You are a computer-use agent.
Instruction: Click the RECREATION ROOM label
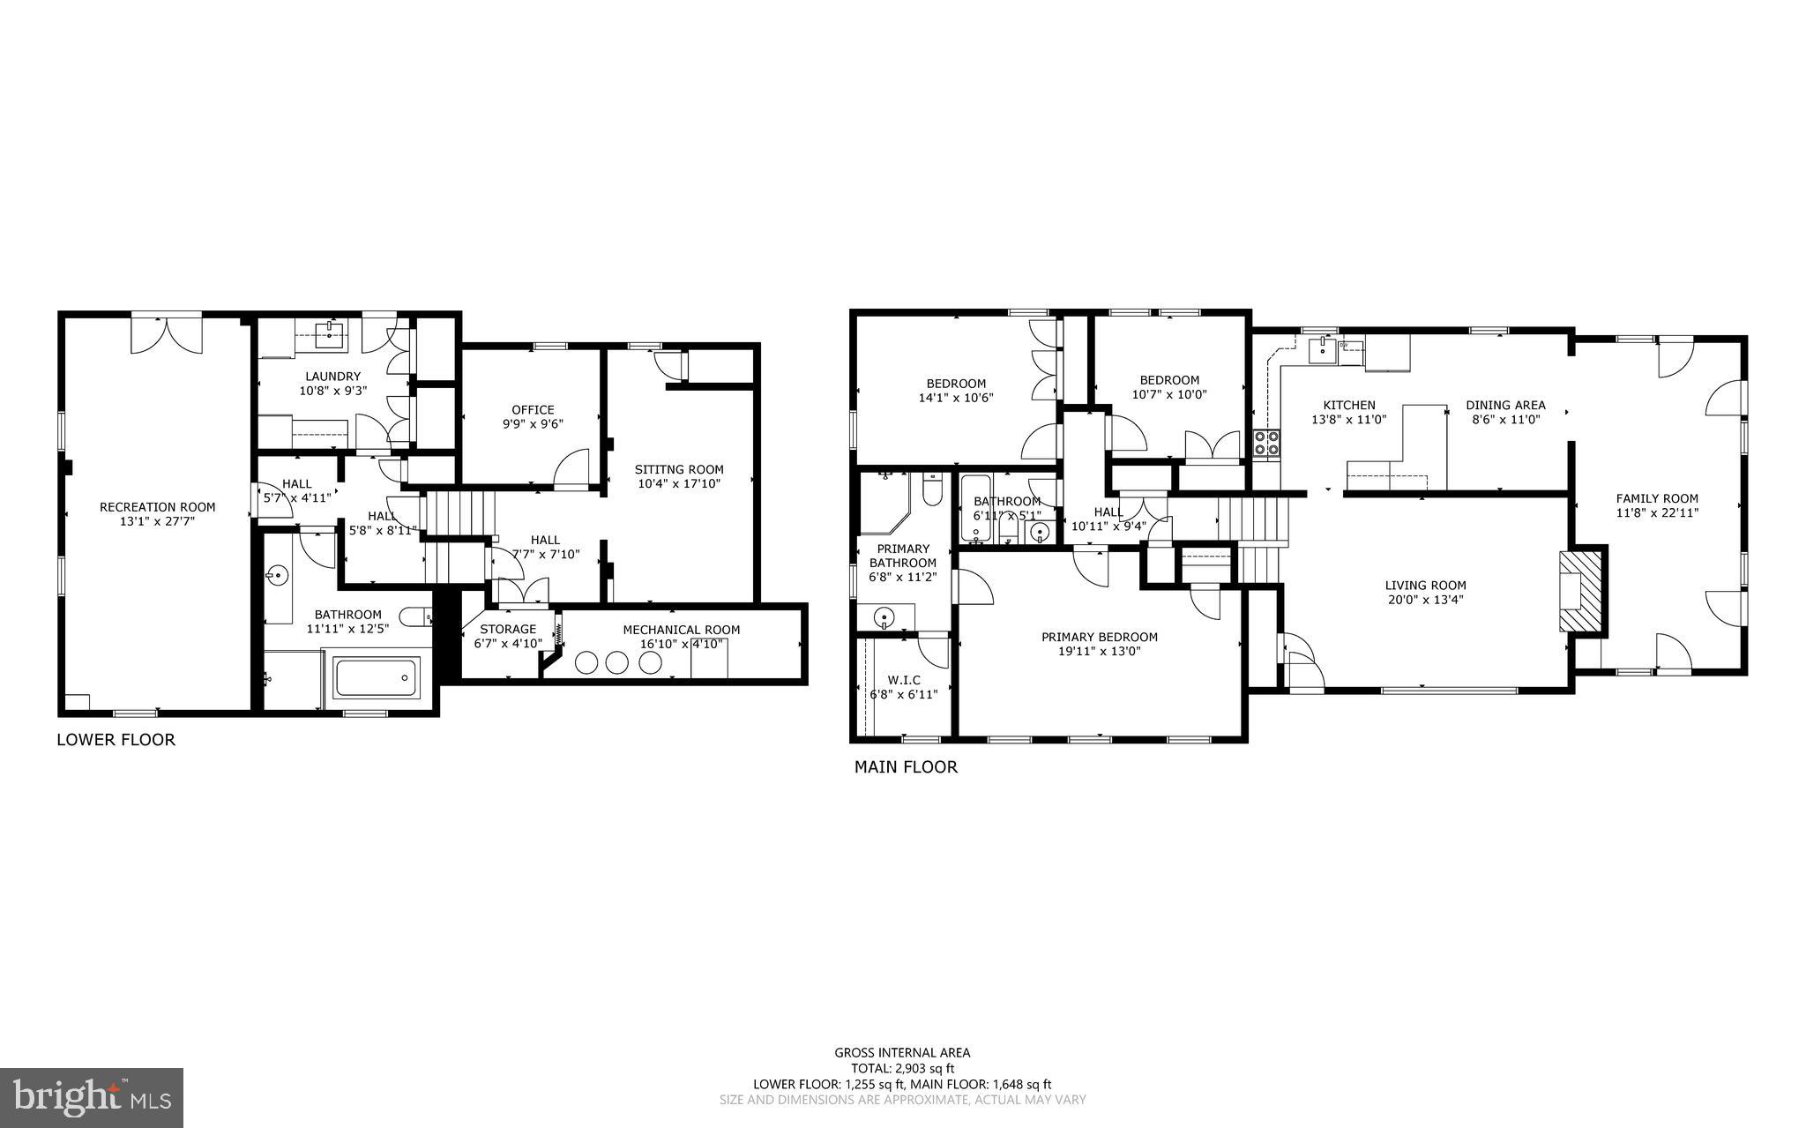pos(157,507)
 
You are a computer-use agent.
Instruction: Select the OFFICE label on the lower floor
pos(533,409)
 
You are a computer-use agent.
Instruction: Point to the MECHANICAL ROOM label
pos(681,630)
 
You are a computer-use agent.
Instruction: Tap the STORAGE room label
pos(508,629)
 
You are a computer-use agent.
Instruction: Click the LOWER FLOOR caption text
pos(116,740)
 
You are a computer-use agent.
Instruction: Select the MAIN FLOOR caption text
pos(905,767)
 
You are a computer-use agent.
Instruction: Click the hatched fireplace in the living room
pos(1581,592)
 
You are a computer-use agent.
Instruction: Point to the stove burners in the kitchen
pos(1266,444)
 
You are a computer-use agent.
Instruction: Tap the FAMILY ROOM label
pos(1656,498)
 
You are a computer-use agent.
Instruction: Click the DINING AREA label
pos(1505,406)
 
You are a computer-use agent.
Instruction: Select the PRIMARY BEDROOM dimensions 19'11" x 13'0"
pos(1099,651)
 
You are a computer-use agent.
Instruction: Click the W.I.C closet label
pos(903,680)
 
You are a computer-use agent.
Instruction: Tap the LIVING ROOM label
pos(1425,585)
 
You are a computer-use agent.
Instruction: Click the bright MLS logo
pos(92,1097)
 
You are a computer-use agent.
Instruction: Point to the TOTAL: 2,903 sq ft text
pos(902,1068)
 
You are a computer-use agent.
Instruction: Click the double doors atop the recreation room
pos(167,334)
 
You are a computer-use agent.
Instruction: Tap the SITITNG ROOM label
pos(679,469)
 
